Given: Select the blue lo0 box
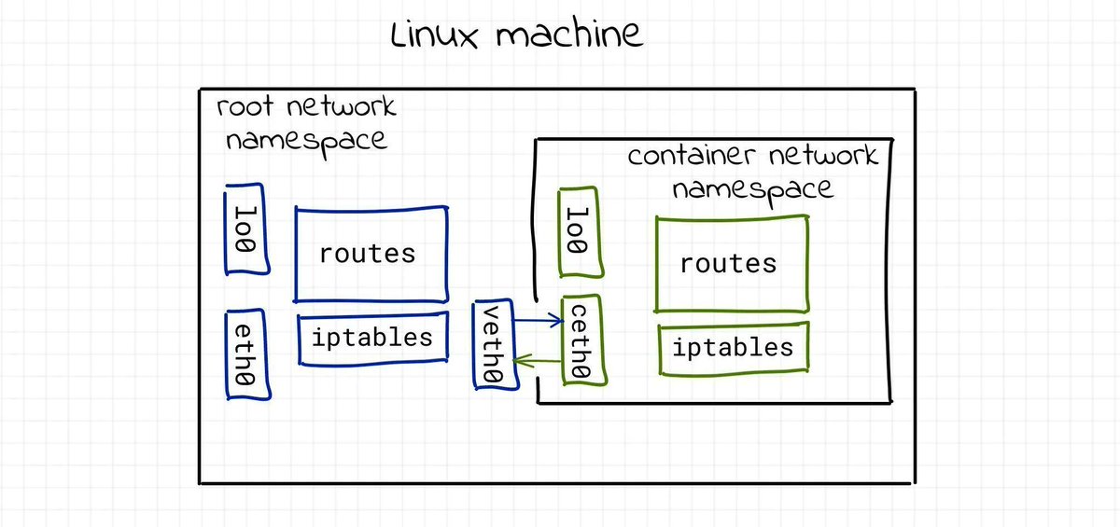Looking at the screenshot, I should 246,229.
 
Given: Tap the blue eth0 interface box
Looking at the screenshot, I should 247,355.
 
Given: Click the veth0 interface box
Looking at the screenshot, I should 494,345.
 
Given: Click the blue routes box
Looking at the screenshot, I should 371,254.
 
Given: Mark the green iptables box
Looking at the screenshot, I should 734,349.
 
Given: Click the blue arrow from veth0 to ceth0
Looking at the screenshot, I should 539,321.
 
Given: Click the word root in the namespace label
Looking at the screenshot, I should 245,106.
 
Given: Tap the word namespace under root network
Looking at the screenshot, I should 306,141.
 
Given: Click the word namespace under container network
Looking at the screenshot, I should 752,189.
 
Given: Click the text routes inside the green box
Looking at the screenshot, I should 728,263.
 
